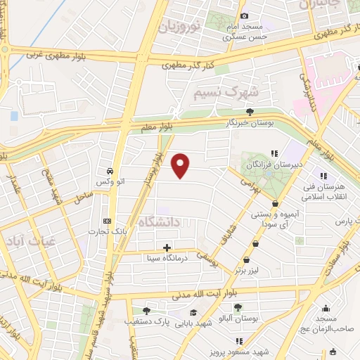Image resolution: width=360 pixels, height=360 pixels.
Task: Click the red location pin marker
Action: click(x=181, y=165)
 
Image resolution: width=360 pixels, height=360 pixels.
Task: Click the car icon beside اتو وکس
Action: click(x=110, y=172)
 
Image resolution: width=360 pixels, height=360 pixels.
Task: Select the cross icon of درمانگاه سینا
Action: click(x=167, y=247)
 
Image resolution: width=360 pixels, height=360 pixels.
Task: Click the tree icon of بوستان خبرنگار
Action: click(x=249, y=110)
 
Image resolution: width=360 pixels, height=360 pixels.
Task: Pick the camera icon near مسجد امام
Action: click(x=244, y=15)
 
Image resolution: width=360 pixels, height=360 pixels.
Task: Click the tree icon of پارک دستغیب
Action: click(x=146, y=310)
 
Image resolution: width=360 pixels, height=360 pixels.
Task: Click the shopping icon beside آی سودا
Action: click(x=265, y=204)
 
